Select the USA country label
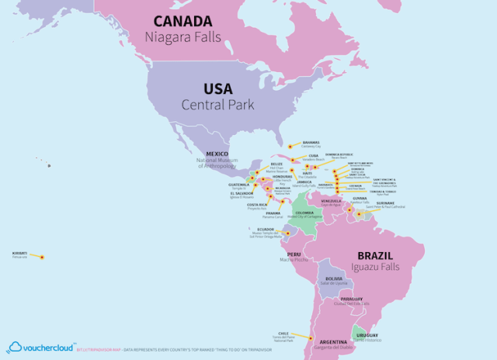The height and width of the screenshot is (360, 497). (218, 88)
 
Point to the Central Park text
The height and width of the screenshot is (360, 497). (218, 104)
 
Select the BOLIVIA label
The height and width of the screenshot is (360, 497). (334, 278)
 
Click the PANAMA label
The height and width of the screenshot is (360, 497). (273, 213)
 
